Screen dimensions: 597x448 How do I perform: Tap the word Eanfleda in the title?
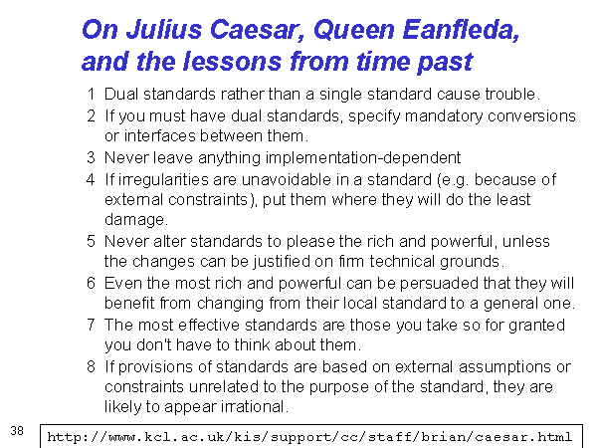[x=461, y=30]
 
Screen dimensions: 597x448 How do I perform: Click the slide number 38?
[x=17, y=431]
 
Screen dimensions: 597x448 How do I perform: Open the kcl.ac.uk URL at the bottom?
[x=309, y=437]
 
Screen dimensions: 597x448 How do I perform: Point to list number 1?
[x=91, y=94]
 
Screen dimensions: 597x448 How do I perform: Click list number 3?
[x=91, y=157]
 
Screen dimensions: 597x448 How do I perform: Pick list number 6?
[x=91, y=283]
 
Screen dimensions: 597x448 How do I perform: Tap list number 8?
[x=91, y=366]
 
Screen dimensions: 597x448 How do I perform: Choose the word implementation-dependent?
[x=363, y=157]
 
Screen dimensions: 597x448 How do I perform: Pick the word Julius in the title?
[x=164, y=30]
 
